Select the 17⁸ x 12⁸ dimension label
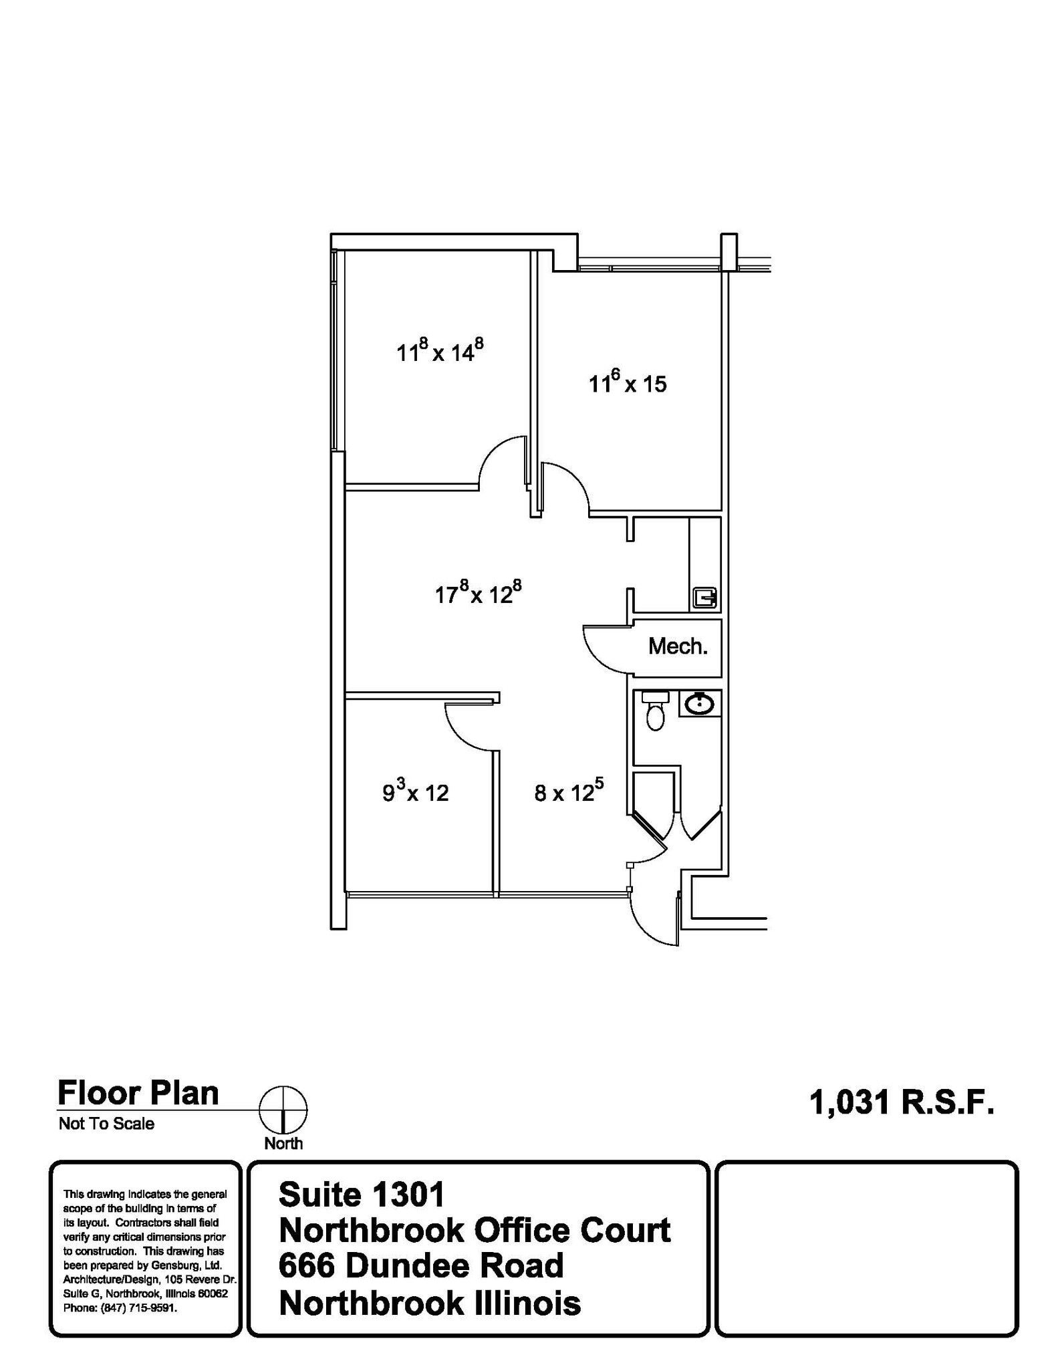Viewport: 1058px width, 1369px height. point(478,593)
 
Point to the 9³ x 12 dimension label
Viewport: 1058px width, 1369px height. point(415,792)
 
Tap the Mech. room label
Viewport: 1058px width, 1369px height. point(678,646)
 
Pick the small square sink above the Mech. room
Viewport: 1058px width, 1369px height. point(704,597)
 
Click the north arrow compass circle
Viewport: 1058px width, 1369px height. point(283,1110)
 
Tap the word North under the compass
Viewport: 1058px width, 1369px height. point(283,1143)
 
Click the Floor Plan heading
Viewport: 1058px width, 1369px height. point(138,1093)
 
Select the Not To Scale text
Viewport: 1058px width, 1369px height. point(106,1123)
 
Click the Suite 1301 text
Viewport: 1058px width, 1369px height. point(362,1195)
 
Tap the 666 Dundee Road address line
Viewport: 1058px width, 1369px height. point(421,1265)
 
